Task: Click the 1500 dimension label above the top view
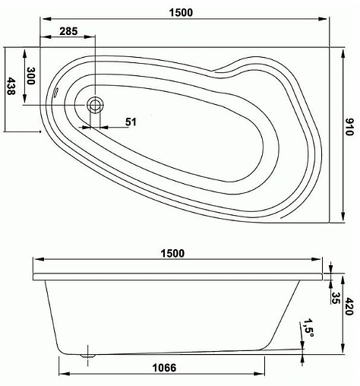[x=180, y=12]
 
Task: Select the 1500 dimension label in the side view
[x=172, y=254]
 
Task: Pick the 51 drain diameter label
[x=131, y=122]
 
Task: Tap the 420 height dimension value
[x=348, y=308]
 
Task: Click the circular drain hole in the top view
[x=96, y=106]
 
